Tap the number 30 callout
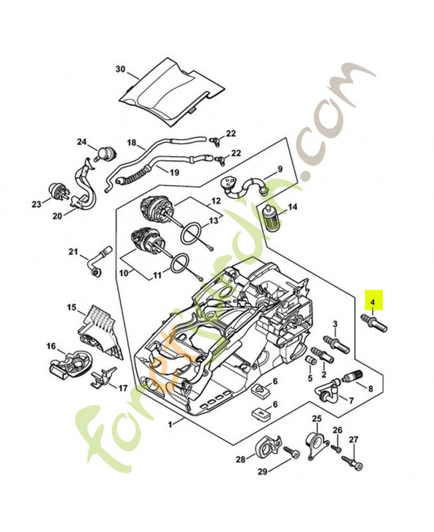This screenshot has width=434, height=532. (120, 69)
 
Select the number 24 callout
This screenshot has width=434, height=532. (82, 142)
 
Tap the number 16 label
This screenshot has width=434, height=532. (51, 346)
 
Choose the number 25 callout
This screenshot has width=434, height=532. (317, 418)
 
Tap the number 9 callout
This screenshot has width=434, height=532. (280, 170)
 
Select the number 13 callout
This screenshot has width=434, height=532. (214, 220)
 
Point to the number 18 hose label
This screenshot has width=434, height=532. (132, 143)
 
